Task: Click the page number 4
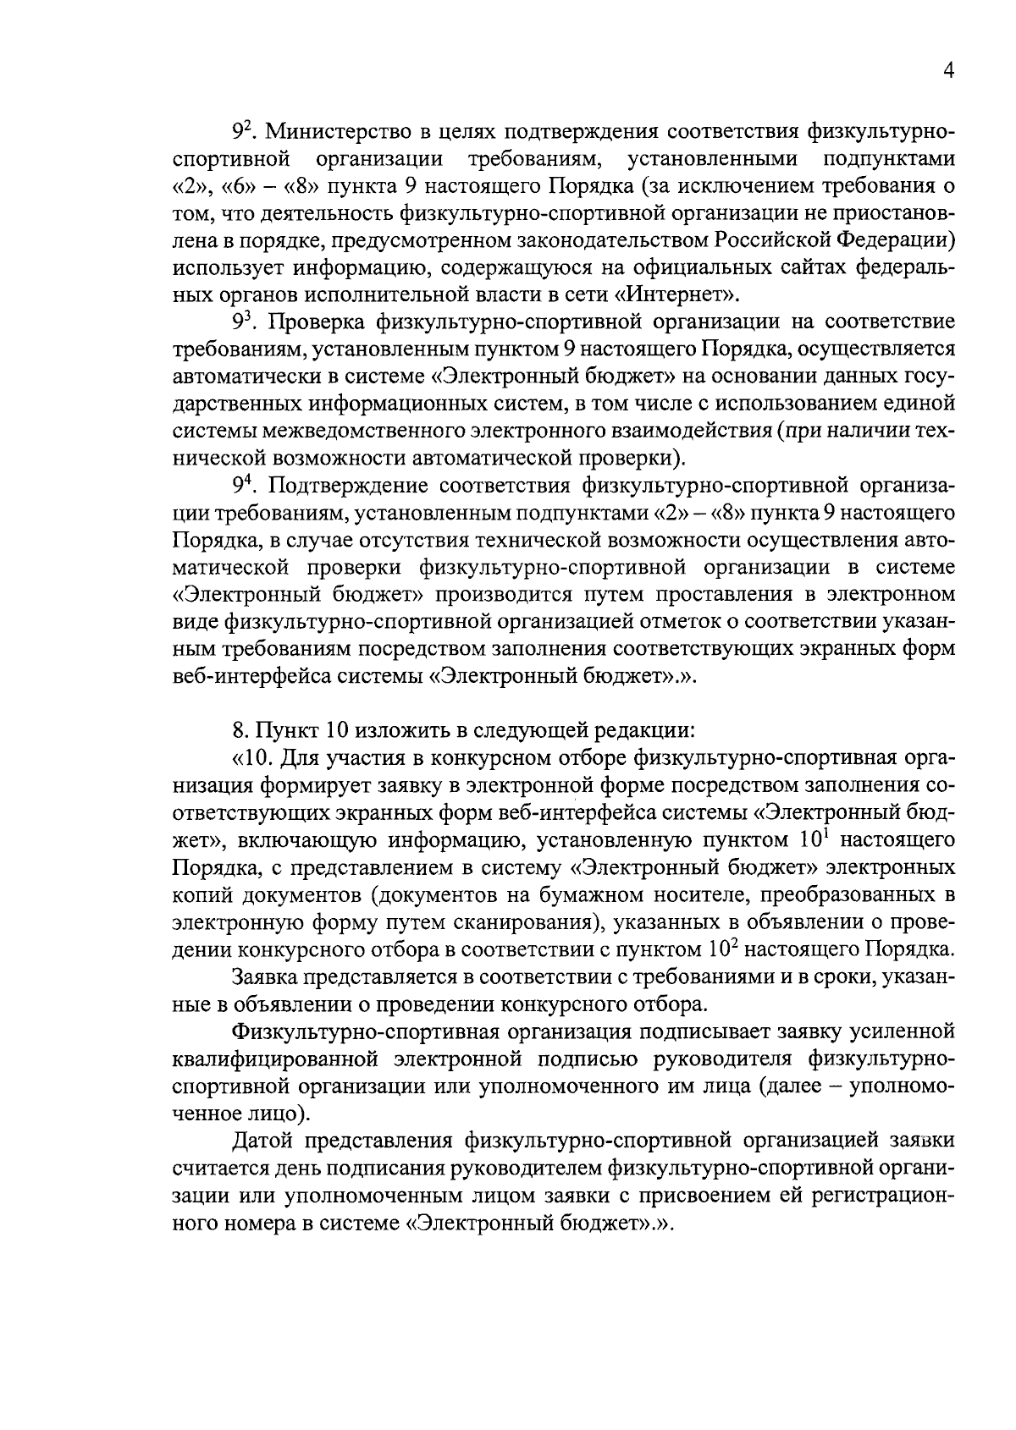point(949,73)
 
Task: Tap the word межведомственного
point(385,431)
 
